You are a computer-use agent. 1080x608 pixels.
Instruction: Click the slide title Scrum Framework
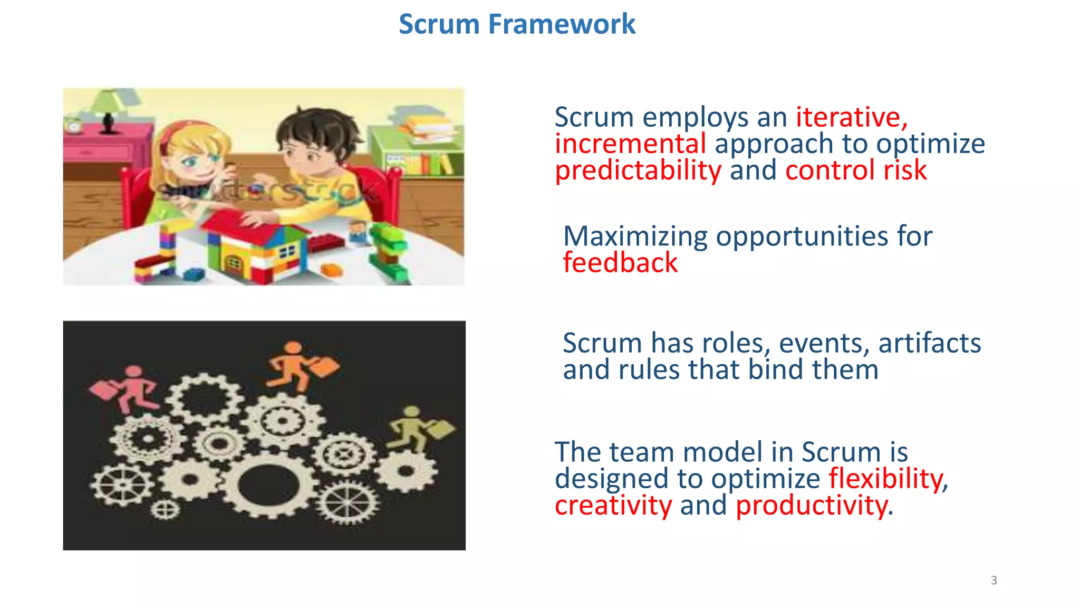point(517,24)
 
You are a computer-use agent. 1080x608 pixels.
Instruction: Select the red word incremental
point(630,144)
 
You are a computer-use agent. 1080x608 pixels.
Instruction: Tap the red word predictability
point(638,170)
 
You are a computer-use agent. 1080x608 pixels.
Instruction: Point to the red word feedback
point(620,262)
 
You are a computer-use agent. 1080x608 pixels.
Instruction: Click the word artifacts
point(929,343)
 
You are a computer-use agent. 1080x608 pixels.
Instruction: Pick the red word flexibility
point(888,479)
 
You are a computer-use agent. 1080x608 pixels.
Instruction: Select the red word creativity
point(613,505)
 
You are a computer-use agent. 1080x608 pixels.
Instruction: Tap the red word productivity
point(811,505)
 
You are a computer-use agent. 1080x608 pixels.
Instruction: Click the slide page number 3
point(994,581)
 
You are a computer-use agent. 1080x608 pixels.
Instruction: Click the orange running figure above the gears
point(299,365)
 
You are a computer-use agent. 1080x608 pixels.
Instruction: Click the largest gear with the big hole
point(268,485)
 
